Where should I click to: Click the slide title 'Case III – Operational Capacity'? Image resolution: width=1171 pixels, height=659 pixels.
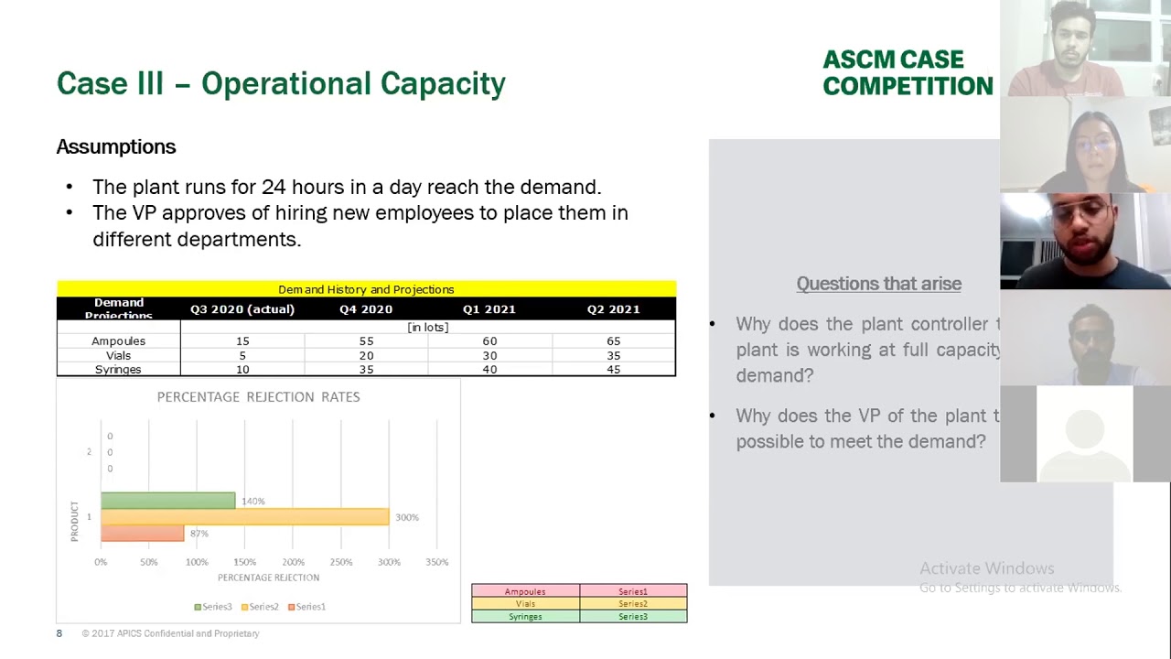281,83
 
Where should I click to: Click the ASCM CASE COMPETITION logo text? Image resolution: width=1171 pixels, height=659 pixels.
907,73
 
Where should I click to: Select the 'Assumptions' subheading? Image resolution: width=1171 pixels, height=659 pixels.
116,146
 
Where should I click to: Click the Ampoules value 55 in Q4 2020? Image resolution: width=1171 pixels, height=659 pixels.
366,340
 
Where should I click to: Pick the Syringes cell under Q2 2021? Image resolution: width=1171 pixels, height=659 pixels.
613,370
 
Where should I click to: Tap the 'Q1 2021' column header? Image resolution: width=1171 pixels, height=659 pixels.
489,309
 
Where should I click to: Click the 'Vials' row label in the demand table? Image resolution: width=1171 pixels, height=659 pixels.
118,355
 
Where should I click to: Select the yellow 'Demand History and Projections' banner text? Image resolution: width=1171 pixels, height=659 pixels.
366,289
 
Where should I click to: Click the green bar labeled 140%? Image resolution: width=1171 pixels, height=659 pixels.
167,501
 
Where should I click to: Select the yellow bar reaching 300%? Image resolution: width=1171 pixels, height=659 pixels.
244,517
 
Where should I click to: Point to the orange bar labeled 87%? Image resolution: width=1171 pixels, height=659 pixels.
142,533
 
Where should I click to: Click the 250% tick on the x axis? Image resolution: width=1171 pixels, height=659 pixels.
340,562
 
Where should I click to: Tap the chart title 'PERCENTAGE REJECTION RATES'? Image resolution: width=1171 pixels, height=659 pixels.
258,396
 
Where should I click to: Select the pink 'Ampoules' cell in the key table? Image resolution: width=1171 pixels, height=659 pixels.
525,591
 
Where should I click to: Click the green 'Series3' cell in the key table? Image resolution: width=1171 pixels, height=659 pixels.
632,617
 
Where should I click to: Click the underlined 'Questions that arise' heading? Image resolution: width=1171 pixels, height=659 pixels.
878,284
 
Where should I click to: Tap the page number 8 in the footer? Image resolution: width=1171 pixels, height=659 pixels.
59,633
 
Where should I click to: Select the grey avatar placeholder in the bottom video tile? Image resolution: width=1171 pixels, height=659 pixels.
1084,434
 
